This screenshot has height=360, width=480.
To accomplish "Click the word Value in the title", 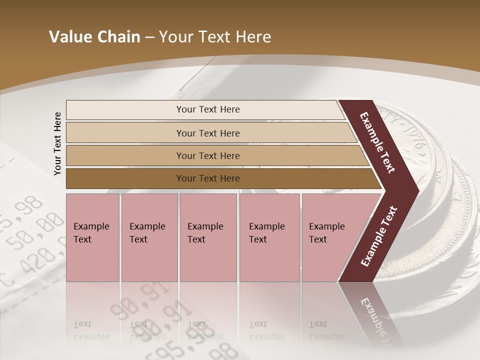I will pos(69,37).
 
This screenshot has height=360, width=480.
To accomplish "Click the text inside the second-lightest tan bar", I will pos(207,133).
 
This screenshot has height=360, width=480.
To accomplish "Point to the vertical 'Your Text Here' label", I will pos(57,143).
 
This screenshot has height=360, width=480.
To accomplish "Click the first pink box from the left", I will pos(92,237).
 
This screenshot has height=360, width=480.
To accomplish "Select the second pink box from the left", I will pos(149,237).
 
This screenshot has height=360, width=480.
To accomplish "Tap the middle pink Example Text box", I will pos(208,237).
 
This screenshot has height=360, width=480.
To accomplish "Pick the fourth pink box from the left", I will pos(269,237).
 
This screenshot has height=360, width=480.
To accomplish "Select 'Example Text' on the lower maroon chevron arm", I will pos(379,236).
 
